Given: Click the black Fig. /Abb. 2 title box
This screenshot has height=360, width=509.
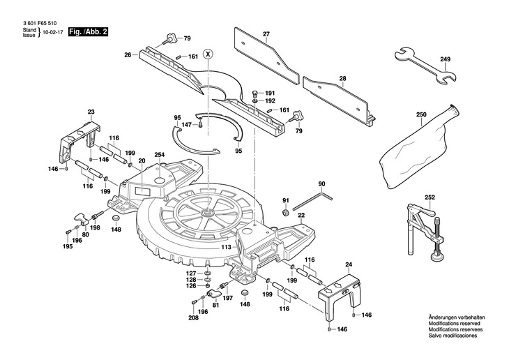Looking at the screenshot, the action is click(88, 32).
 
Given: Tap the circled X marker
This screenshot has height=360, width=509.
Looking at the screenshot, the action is click(208, 54).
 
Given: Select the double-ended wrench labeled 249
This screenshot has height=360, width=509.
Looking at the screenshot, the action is click(425, 66).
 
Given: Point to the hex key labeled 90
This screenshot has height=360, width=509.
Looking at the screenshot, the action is click(312, 202).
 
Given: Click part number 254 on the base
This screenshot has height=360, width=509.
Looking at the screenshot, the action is click(160, 155).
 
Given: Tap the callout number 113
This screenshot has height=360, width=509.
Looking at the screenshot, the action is click(226, 247).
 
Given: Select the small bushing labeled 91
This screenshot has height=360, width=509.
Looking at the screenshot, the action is click(286, 213).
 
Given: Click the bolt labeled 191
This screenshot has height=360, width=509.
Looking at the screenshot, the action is click(254, 94).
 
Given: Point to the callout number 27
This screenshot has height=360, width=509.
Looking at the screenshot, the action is click(266, 33).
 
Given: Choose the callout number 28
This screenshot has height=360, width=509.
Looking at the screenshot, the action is click(342, 78).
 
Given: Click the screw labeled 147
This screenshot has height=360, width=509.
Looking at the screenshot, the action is click(201, 125).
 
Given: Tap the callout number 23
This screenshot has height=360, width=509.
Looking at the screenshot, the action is click(91, 112).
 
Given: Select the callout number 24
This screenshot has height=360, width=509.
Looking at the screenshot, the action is click(349, 264).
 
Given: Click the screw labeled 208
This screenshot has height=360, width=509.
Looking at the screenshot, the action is click(194, 302).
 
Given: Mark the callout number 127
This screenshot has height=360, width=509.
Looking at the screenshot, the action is click(191, 273).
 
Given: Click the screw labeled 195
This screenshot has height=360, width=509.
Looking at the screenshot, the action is click(68, 232).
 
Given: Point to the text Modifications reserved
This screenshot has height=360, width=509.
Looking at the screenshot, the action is click(454, 324).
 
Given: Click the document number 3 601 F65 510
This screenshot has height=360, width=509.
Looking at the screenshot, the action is click(40, 24).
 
